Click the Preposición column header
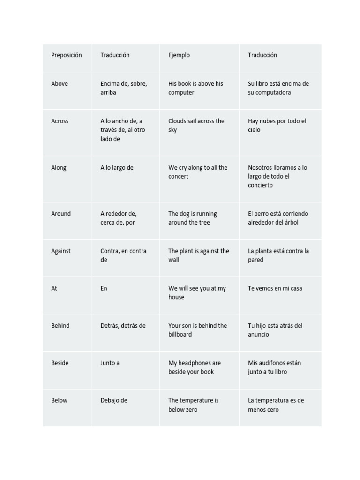(x=66, y=55)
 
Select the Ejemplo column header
(x=179, y=55)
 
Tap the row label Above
(x=60, y=84)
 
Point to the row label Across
(x=60, y=121)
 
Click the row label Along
(x=59, y=168)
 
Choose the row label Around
(x=61, y=214)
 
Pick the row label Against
(x=61, y=251)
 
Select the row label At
(x=54, y=289)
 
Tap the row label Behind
(x=60, y=326)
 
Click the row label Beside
(x=60, y=363)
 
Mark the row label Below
(x=59, y=401)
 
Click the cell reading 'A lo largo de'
(x=117, y=168)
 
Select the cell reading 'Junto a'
(x=110, y=363)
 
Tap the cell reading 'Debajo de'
(x=114, y=401)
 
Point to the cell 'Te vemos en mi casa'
(x=275, y=289)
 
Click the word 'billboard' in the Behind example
(x=180, y=335)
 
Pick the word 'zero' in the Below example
(x=190, y=410)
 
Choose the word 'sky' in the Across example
(x=172, y=130)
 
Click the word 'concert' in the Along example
(x=178, y=177)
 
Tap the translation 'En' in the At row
(x=104, y=289)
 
